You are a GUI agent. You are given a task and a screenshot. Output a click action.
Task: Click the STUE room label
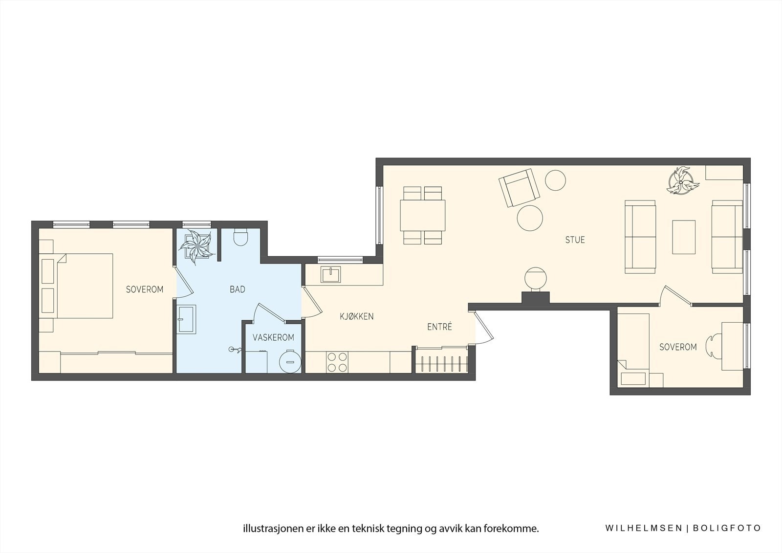[575, 240]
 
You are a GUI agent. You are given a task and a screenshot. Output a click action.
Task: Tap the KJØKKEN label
[357, 317]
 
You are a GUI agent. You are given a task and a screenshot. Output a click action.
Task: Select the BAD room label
[237, 290]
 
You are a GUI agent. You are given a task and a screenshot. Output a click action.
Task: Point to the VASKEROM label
[273, 338]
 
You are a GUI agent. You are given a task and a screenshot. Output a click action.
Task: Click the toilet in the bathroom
[241, 237]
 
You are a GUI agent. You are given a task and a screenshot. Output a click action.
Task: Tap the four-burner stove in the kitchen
[337, 362]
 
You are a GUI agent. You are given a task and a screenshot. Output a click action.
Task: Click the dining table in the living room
[423, 215]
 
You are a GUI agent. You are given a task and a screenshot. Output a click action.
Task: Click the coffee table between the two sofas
[684, 237]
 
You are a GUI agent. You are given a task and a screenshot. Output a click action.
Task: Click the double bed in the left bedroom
[83, 286]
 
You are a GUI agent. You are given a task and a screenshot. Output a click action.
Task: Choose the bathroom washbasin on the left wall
[186, 319]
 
